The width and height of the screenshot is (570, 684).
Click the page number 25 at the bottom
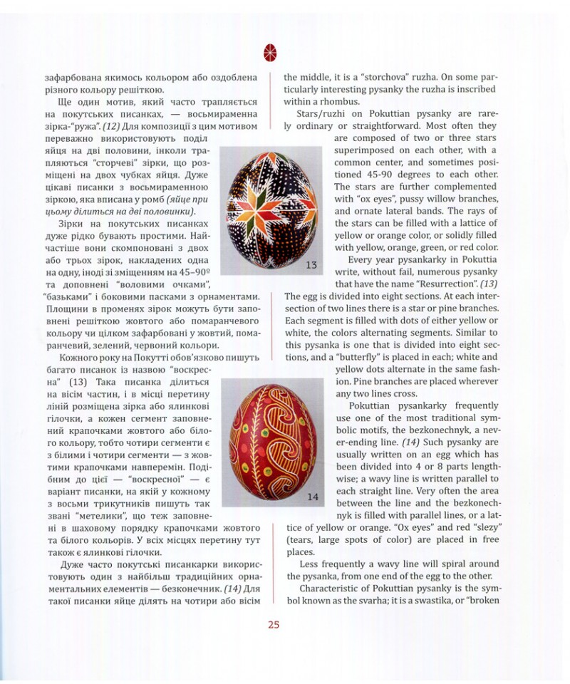tap(274, 626)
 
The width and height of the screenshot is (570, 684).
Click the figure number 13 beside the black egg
tap(311, 265)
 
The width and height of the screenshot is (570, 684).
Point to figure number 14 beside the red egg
tap(312, 497)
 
